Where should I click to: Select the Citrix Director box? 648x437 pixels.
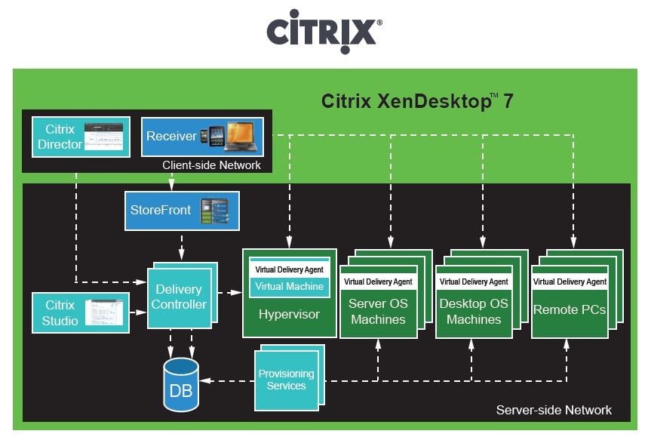[x=75, y=137]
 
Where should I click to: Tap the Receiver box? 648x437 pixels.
[x=202, y=137]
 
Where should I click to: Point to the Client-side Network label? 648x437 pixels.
[x=211, y=165]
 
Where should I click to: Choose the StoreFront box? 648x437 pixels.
[x=182, y=211]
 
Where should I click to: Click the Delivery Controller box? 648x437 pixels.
[x=180, y=297]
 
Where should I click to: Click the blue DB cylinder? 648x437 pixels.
[x=180, y=384]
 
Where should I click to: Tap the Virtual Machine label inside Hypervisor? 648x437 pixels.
[x=290, y=287]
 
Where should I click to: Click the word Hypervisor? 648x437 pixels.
[x=290, y=314]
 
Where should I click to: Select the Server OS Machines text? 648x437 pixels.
[x=377, y=312]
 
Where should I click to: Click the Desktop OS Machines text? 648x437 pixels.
[x=473, y=312]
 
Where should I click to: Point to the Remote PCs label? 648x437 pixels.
[x=569, y=309]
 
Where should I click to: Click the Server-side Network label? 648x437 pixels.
[x=553, y=410]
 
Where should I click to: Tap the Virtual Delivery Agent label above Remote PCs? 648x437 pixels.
[x=570, y=282]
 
